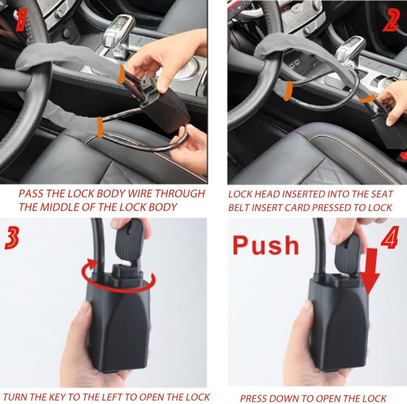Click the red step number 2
(390, 20)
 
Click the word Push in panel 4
(266, 245)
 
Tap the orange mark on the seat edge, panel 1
(99, 127)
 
